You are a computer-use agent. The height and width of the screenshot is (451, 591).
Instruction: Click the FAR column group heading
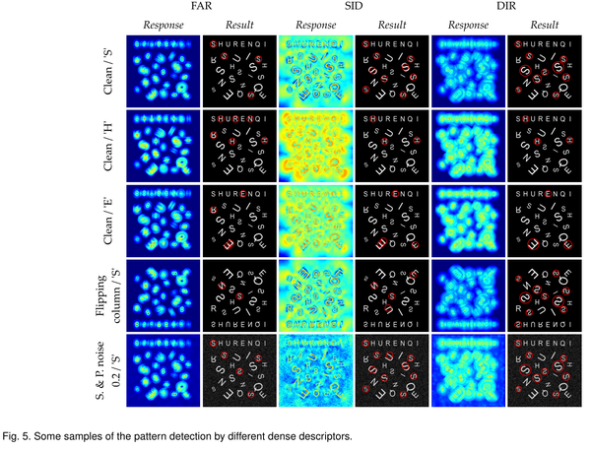[202, 8]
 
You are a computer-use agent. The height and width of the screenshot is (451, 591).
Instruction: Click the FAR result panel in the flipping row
[239, 294]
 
